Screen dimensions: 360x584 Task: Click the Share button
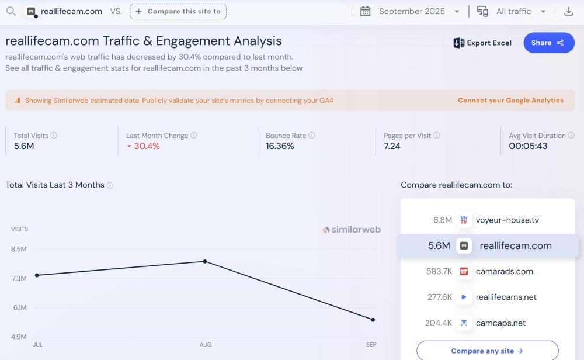(x=548, y=43)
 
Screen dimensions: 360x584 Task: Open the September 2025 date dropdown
(x=418, y=11)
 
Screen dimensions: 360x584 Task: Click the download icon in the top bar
(x=568, y=11)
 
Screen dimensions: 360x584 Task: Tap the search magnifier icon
(x=11, y=11)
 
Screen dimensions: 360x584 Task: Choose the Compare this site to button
(x=178, y=11)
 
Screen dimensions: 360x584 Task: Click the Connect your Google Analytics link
(x=510, y=101)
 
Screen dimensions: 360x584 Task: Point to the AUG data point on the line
(x=205, y=261)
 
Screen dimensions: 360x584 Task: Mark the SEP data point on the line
(x=373, y=320)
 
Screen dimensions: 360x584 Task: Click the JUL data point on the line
(x=37, y=275)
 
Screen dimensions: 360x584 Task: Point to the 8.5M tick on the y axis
(x=19, y=250)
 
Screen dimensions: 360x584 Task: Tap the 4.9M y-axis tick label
(x=19, y=337)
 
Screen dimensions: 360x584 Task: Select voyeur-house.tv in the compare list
(x=507, y=220)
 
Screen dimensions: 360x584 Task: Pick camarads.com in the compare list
(x=504, y=271)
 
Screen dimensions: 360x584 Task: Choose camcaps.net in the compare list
(x=500, y=323)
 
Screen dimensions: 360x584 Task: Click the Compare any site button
(x=487, y=351)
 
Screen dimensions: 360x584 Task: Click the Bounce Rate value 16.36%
(x=280, y=146)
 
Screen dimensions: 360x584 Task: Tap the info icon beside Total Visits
(x=54, y=136)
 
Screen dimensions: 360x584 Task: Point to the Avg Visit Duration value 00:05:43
(x=528, y=146)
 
